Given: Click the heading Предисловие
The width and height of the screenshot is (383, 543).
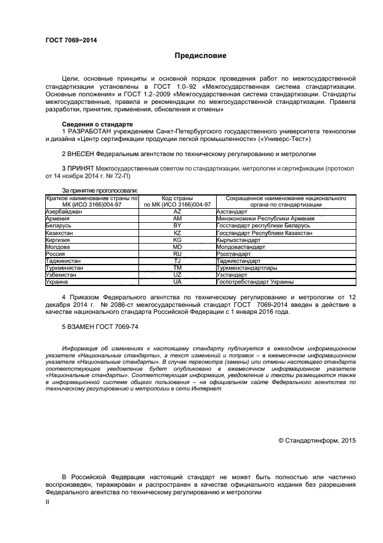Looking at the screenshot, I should click(200, 56).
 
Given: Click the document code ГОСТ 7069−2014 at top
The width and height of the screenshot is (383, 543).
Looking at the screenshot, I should click(71, 40).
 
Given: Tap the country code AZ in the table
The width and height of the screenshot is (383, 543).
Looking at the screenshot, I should click(177, 212).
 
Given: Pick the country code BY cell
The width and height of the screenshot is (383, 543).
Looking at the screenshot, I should click(177, 225).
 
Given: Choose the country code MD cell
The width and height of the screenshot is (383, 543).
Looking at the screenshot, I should click(177, 247).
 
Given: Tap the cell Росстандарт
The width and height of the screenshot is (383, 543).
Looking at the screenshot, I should click(234, 254).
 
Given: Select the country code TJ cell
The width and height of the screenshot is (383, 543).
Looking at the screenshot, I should click(177, 261).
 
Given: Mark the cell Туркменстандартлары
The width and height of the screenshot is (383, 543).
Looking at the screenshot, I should click(246, 268).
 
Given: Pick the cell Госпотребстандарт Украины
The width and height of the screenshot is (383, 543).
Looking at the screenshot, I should click(254, 282).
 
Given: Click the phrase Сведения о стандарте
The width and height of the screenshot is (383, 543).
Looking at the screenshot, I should click(97, 125).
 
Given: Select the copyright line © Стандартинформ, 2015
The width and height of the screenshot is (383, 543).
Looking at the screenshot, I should click(317, 441).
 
